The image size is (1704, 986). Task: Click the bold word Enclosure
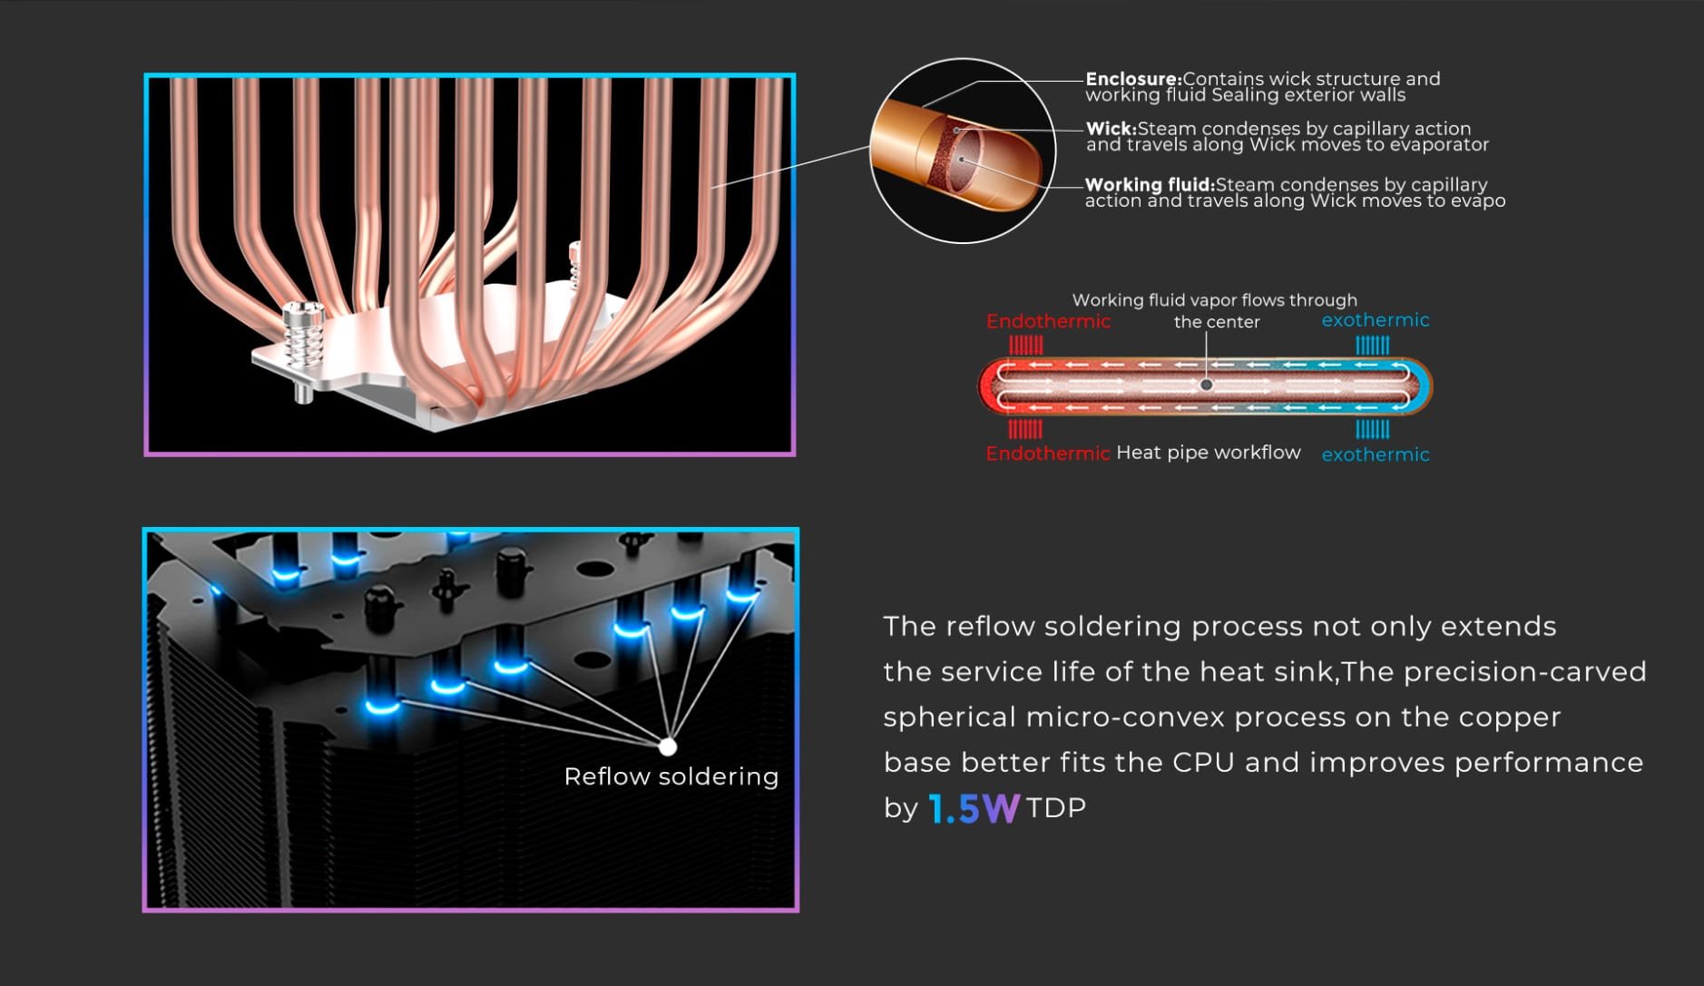[x=1133, y=79]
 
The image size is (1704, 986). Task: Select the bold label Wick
[x=1112, y=129]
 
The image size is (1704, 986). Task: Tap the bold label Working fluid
[x=1150, y=185]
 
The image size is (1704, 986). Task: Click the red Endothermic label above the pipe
[x=1048, y=321]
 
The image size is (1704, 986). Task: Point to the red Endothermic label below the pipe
[x=1048, y=453]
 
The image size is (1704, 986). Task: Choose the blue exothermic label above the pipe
[x=1376, y=320]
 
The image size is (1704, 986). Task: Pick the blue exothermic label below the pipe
[x=1376, y=454]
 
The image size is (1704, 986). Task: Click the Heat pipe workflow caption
[x=1209, y=453]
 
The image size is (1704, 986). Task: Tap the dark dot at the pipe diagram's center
[x=1207, y=385]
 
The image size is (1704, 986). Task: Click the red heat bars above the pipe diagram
[x=1026, y=345]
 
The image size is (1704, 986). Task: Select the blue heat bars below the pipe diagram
[x=1372, y=428]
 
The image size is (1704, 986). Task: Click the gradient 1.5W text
[x=974, y=808]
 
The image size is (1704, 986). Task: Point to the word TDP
[x=1056, y=807]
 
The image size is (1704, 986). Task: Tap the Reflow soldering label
[x=671, y=776]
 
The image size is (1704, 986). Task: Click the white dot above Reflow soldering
[x=668, y=747]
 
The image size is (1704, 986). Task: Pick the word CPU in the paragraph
[x=1203, y=762]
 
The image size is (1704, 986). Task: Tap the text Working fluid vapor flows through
[x=1215, y=300]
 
